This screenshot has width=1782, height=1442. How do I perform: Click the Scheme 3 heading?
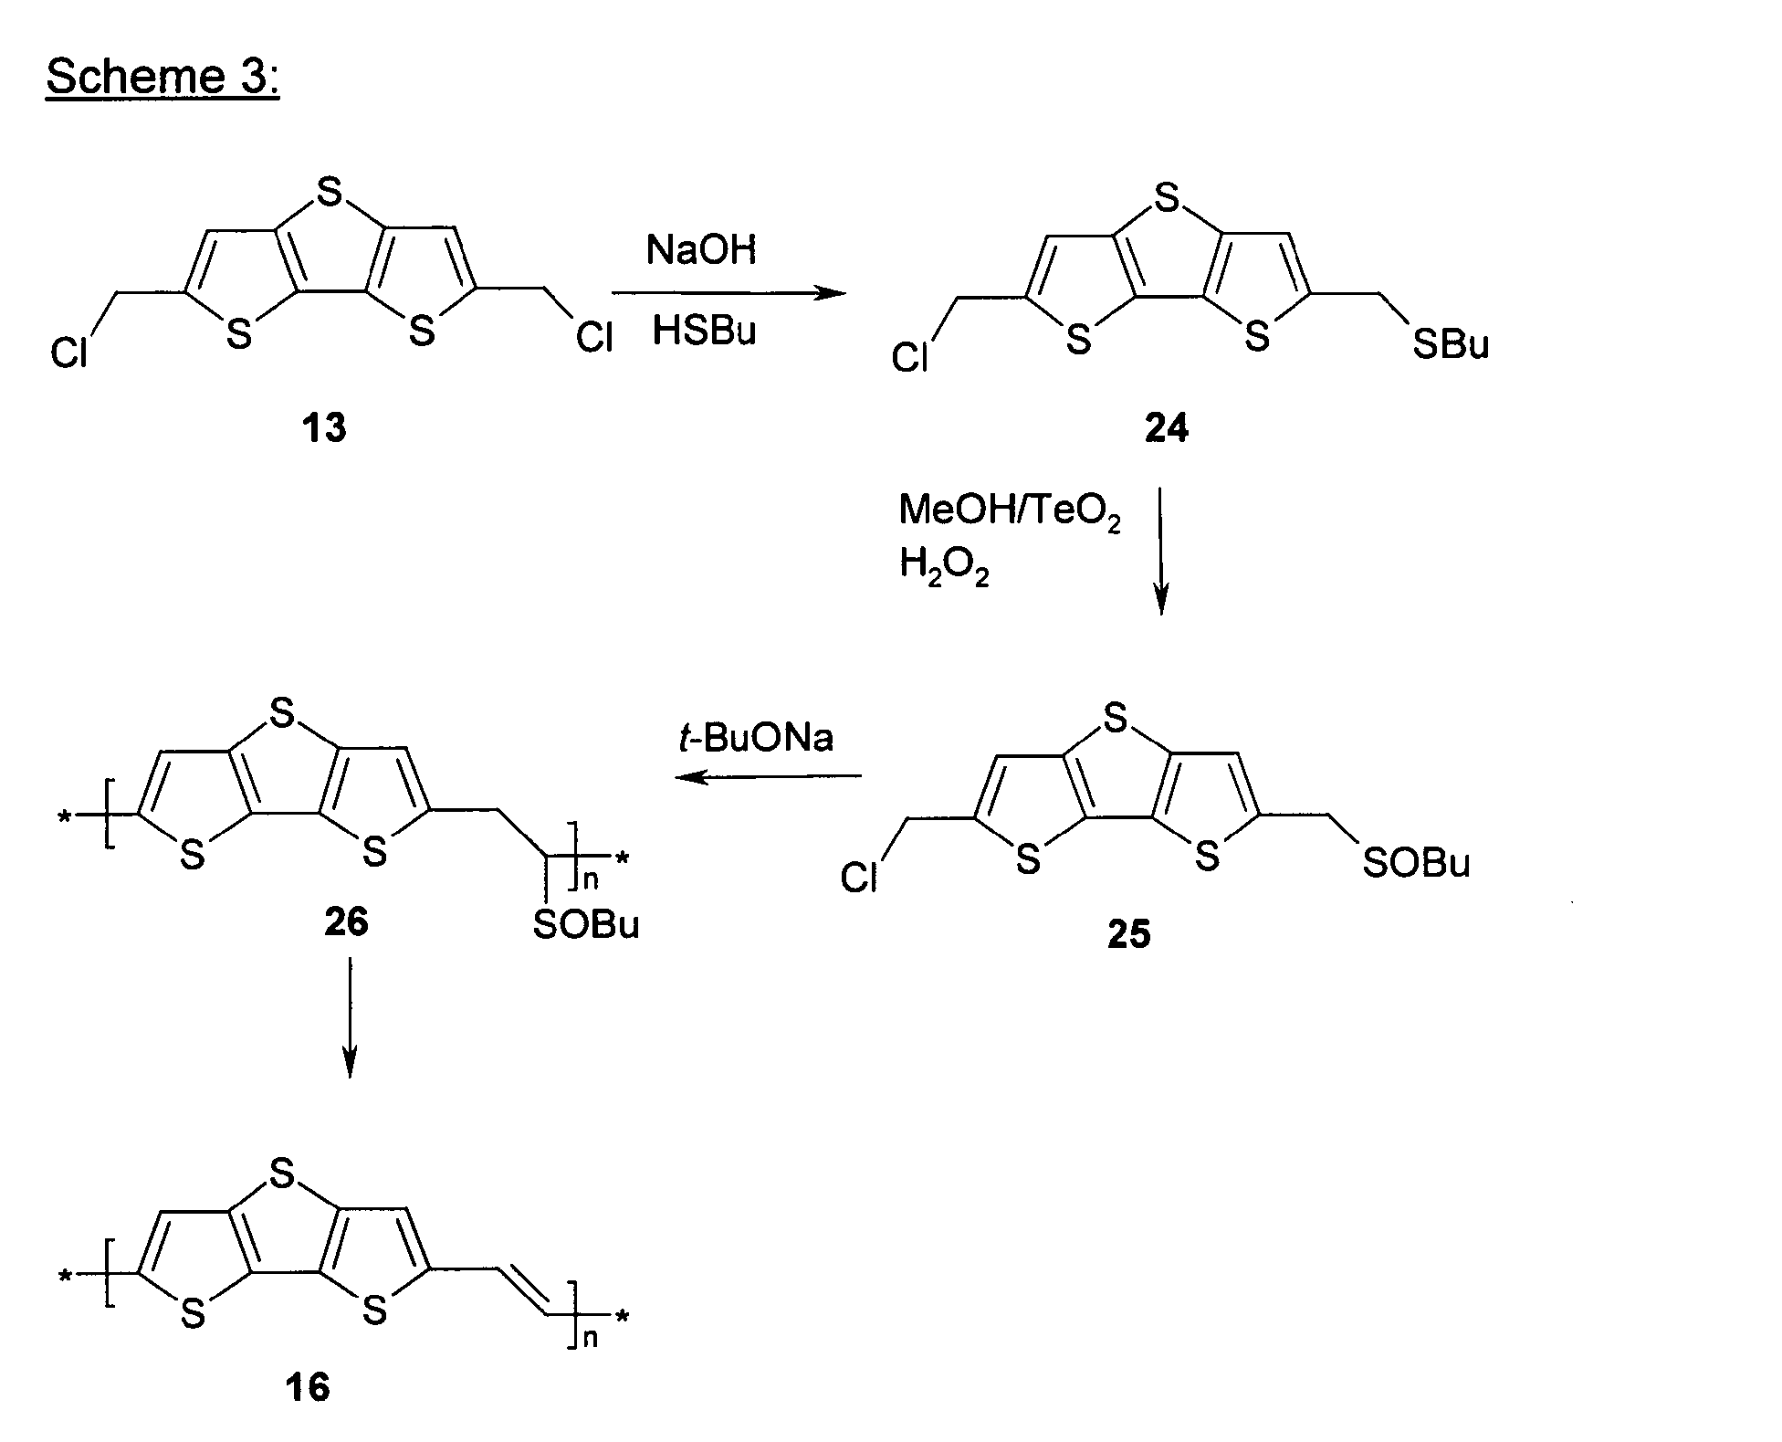pos(162,76)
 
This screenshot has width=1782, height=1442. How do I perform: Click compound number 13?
pos(324,427)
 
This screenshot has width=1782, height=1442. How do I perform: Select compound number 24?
pos(1167,428)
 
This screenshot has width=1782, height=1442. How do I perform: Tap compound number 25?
pos(1128,934)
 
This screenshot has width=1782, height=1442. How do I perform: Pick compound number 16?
pos(307,1388)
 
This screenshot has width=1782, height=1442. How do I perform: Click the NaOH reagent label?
pos(701,249)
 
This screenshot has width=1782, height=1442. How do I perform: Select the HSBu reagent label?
pos(704,331)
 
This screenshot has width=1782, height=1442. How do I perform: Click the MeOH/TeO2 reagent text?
pos(1010,512)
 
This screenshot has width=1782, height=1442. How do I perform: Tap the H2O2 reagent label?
pos(944,568)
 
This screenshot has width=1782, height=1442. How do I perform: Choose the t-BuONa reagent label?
pos(756,738)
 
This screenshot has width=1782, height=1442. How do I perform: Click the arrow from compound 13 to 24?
pos(729,293)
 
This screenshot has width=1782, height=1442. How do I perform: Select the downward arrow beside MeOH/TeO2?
pos(1160,552)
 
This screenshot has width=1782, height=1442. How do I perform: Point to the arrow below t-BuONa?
pos(769,777)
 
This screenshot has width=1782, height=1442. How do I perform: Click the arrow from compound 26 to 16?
pos(349,1016)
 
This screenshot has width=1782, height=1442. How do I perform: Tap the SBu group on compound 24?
pos(1451,345)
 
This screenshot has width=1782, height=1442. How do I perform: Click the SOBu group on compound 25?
pos(1416,862)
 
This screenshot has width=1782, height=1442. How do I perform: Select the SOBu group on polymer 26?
pos(586,926)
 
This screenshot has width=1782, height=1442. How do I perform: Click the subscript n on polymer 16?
pos(591,1340)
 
